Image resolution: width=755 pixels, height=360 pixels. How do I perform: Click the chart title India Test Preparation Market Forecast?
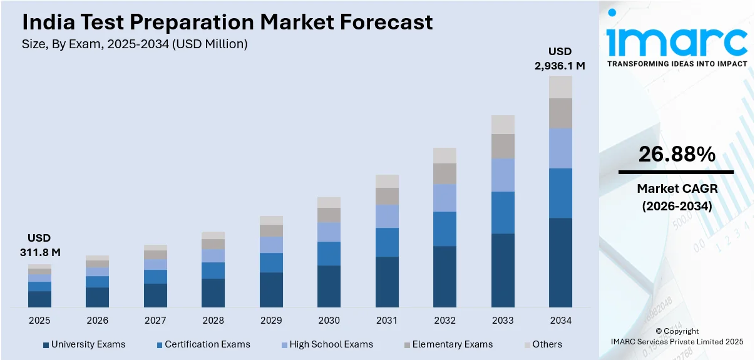point(227,23)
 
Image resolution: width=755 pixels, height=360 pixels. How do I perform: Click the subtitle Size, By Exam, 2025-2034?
point(135,44)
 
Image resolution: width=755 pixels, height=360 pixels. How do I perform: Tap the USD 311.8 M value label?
point(39,245)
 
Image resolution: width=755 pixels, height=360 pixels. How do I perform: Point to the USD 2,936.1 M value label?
point(560,58)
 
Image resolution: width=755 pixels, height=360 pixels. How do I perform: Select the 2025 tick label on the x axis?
point(39,321)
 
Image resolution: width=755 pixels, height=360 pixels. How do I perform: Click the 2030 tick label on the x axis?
point(329,321)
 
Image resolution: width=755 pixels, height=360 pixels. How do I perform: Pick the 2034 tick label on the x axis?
point(560,321)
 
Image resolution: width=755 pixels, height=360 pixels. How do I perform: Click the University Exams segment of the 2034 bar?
point(560,262)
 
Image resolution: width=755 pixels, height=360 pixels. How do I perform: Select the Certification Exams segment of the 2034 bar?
point(560,193)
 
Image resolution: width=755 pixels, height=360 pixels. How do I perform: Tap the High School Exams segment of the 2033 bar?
point(503,175)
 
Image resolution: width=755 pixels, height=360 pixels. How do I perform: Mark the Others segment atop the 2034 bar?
point(560,87)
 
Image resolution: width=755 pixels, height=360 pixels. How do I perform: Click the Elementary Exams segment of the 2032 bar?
point(444,173)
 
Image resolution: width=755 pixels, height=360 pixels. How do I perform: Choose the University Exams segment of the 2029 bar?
point(271,289)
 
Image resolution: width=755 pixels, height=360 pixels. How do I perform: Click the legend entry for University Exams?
point(84,344)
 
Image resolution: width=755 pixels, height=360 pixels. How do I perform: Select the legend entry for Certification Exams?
point(203,344)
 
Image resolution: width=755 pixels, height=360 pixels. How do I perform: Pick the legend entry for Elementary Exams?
point(448,344)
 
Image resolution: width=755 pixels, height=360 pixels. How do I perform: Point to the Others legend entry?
point(543,344)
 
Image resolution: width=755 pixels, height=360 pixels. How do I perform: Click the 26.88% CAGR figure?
point(676,155)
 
